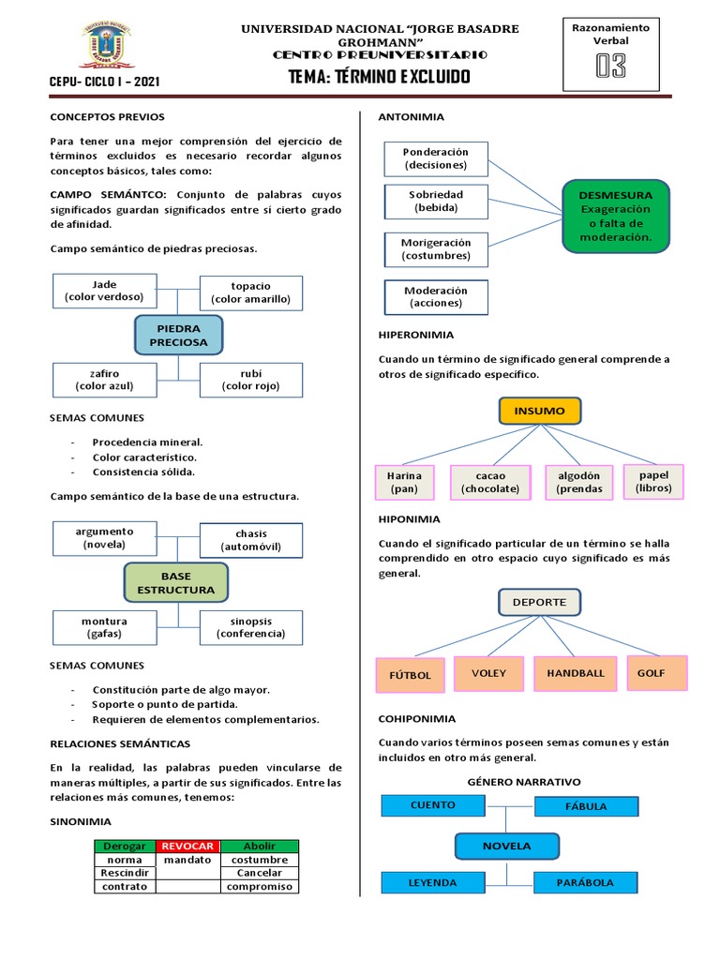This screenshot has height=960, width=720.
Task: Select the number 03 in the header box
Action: pyautogui.click(x=610, y=67)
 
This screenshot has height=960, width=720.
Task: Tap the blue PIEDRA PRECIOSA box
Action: pyautogui.click(x=178, y=336)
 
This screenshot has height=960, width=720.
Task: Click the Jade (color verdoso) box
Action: pyautogui.click(x=105, y=291)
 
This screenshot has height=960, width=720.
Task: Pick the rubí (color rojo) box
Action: pyautogui.click(x=250, y=380)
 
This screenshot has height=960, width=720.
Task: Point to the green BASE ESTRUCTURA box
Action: pyautogui.click(x=175, y=582)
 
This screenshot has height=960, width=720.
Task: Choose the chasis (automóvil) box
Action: pyautogui.click(x=251, y=540)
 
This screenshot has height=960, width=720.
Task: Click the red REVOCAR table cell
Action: pyautogui.click(x=187, y=846)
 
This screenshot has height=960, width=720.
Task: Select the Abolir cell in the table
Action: pyautogui.click(x=259, y=846)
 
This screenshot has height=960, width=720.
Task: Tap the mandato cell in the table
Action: pyautogui.click(x=187, y=860)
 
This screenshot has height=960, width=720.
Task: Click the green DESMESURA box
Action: pyautogui.click(x=616, y=217)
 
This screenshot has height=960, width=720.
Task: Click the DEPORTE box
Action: pyautogui.click(x=539, y=602)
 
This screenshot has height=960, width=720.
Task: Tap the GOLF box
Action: pyautogui.click(x=652, y=673)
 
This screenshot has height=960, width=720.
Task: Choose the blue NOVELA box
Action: pyautogui.click(x=506, y=846)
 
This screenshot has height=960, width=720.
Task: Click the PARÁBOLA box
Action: pyautogui.click(x=586, y=882)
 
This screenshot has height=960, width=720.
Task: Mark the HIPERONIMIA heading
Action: pyautogui.click(x=415, y=335)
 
